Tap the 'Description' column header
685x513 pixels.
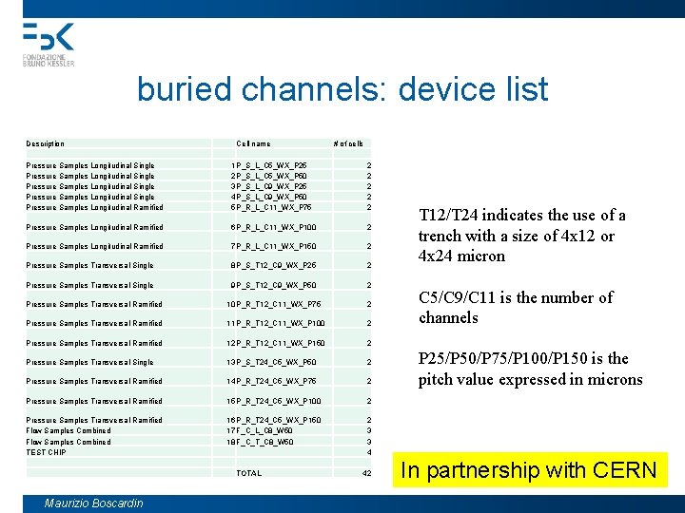46,143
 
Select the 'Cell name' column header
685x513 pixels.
253,143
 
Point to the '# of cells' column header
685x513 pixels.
348,143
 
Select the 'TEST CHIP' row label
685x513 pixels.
47,452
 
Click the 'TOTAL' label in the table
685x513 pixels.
248,473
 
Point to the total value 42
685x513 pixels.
366,473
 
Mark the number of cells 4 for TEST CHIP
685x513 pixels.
368,452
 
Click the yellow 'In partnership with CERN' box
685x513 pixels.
529,469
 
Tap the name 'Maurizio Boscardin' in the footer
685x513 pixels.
94,503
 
